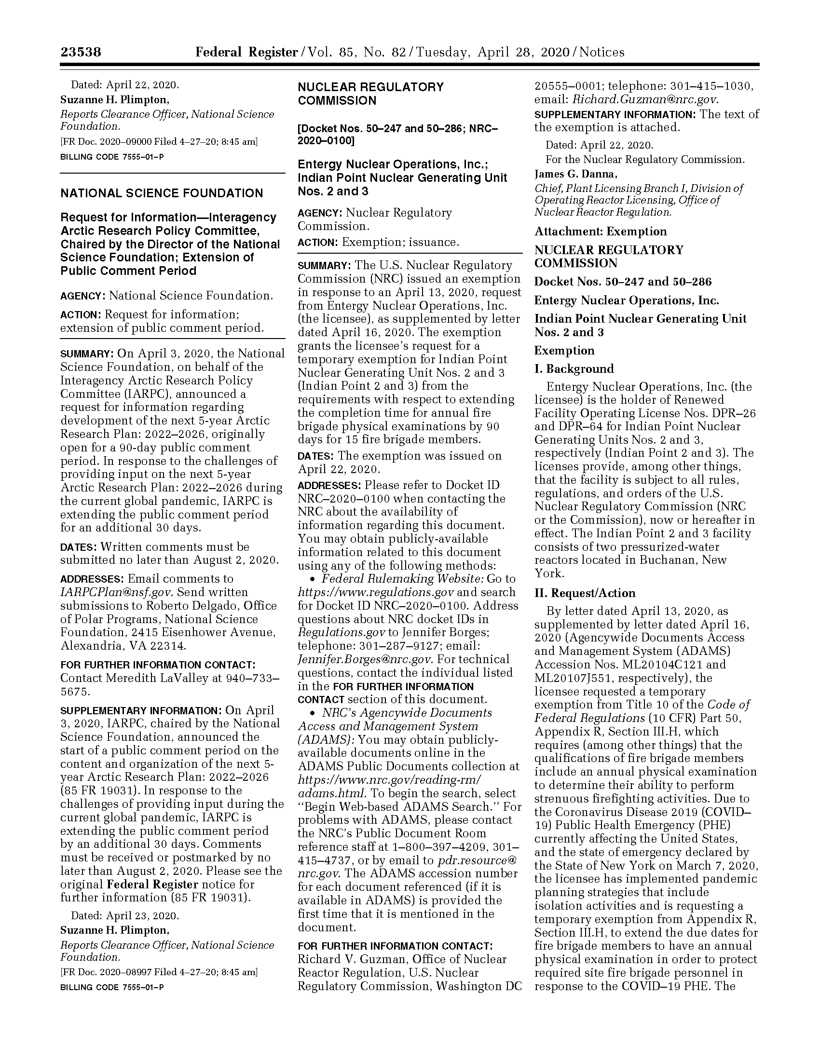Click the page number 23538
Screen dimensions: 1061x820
[x=81, y=52]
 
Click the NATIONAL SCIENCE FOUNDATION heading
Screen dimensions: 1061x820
[x=161, y=193]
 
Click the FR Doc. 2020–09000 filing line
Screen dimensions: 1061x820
[x=158, y=142]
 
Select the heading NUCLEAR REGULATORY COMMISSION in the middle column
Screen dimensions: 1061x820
[x=370, y=94]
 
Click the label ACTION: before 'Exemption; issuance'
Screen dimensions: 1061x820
[x=318, y=243]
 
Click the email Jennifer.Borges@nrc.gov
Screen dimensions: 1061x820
[x=365, y=659]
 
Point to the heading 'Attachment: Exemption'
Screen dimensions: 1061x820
[x=601, y=231]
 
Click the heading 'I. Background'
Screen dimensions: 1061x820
[x=574, y=369]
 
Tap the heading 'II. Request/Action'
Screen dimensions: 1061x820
[x=585, y=593]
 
